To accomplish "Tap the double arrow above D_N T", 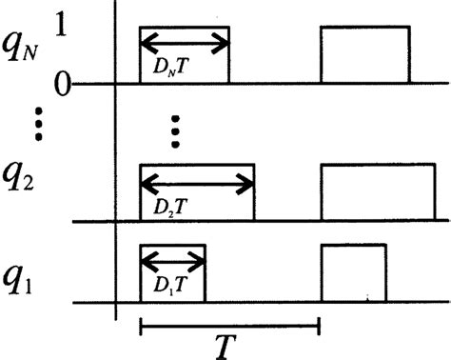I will click(185, 40).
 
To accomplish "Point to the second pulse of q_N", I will click(365, 55).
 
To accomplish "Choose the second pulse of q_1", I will click(353, 273).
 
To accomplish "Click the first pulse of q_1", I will click(172, 273).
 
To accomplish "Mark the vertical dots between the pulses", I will click(174, 131).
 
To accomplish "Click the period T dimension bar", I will click(228, 328).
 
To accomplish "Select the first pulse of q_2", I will click(197, 193).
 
